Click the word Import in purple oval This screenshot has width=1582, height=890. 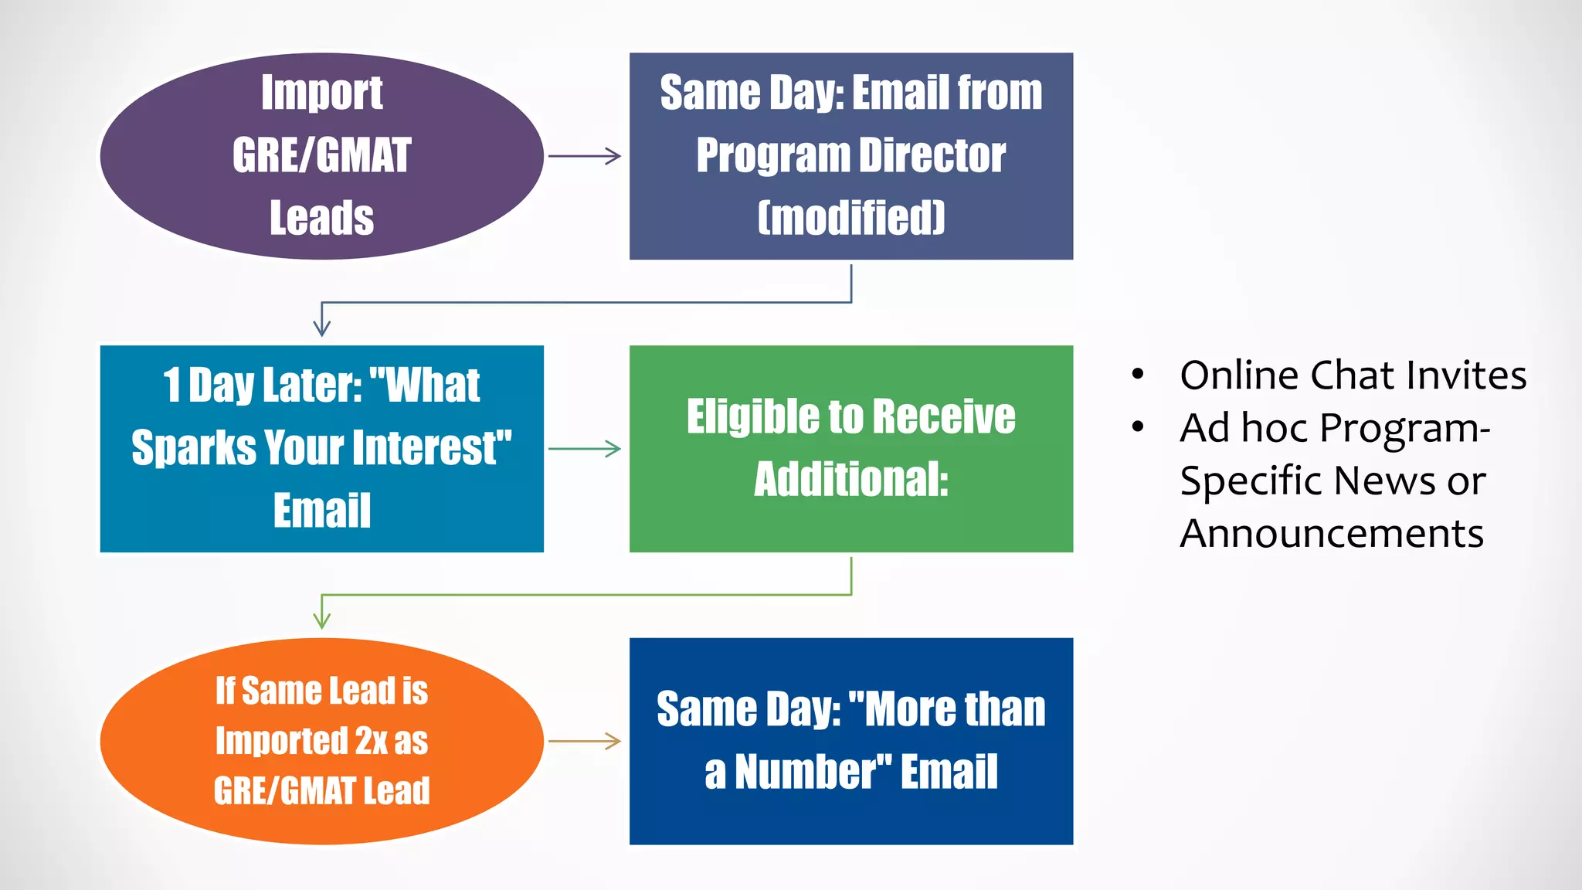(x=321, y=93)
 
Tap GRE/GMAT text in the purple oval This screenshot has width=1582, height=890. (x=321, y=155)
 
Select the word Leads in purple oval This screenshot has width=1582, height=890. (x=321, y=218)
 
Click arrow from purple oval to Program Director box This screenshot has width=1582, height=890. (x=585, y=156)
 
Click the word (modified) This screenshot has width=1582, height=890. (x=850, y=218)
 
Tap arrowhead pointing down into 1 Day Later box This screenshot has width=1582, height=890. (x=321, y=328)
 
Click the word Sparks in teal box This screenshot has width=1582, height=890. (x=194, y=448)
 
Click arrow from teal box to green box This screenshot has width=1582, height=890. (x=585, y=449)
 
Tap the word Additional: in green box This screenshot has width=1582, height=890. (x=850, y=480)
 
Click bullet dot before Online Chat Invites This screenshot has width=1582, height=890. (x=1137, y=375)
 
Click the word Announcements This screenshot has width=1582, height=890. (x=1331, y=534)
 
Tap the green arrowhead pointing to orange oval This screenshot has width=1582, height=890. (x=321, y=620)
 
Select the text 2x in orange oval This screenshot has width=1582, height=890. (x=371, y=741)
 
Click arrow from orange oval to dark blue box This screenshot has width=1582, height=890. (x=585, y=742)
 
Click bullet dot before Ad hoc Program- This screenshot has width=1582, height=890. (x=1137, y=427)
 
